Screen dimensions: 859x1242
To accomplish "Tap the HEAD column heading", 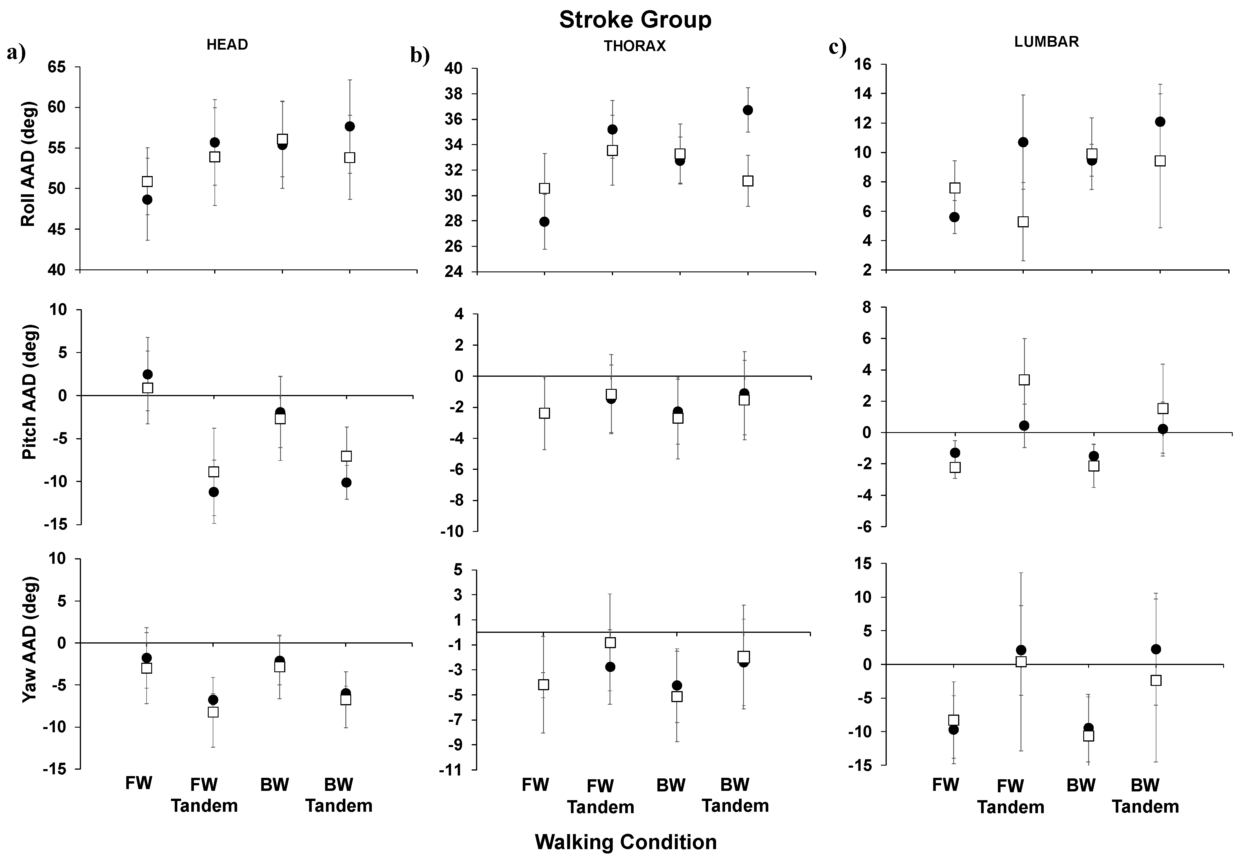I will point(227,45).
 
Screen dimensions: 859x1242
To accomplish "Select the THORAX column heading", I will point(634,46).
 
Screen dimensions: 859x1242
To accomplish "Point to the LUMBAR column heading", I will point(1046,42).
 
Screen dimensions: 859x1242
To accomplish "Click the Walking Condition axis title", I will point(626,841).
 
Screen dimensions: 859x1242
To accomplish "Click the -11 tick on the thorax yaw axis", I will point(453,770).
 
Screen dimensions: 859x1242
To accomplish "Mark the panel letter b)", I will point(420,56).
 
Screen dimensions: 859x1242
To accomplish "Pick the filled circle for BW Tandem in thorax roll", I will point(748,110).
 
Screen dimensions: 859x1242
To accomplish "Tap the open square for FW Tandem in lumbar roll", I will point(1023,222).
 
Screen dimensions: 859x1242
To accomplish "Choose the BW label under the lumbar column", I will point(1081,785).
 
